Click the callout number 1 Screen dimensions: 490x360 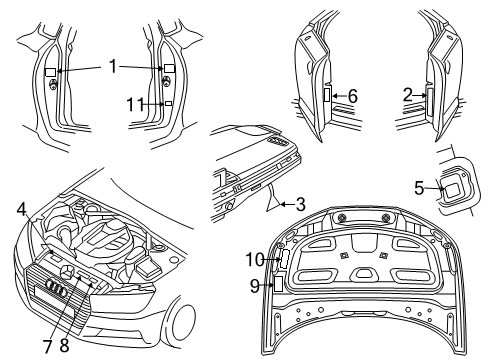click(113, 66)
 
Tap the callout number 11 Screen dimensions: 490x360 click(136, 105)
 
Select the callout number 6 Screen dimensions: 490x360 click(353, 96)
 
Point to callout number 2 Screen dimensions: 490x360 click(408, 95)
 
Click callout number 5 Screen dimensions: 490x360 click(419, 188)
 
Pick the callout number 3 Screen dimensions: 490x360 click(301, 204)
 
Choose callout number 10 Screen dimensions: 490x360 click(255, 259)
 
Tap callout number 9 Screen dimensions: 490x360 click(255, 286)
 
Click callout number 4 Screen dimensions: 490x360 click(21, 209)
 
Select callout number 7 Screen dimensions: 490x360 click(48, 347)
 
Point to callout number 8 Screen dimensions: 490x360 click(64, 346)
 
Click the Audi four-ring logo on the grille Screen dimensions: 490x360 click(57, 287)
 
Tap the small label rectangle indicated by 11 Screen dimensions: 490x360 click(169, 104)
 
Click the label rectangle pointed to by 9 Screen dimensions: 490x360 click(278, 283)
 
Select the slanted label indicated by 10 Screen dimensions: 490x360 click(284, 259)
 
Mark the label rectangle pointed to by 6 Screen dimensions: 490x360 click(327, 94)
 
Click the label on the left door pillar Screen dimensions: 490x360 click(51, 72)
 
